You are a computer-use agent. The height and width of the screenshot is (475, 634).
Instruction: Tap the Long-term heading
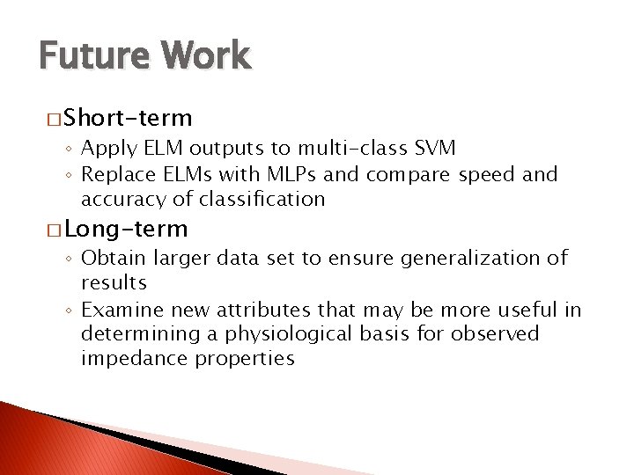point(126,230)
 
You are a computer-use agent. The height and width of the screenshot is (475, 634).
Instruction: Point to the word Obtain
point(114,259)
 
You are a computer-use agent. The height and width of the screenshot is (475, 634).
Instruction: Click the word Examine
point(122,310)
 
